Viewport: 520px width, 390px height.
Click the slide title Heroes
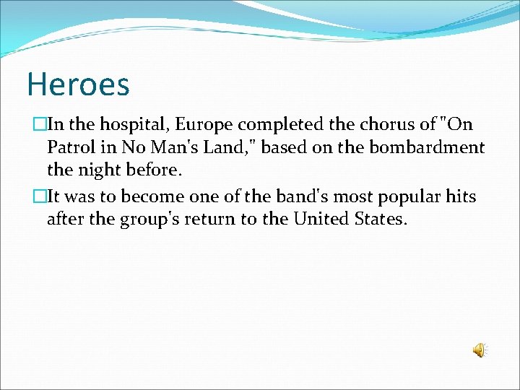click(78, 84)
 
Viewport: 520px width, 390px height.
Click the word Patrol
click(71, 148)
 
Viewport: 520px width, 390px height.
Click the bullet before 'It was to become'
click(41, 196)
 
